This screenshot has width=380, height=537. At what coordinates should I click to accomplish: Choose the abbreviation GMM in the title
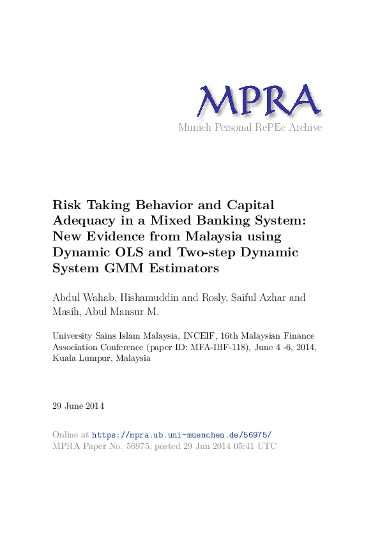point(118,268)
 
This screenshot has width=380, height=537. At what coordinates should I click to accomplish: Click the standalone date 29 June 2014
point(78,406)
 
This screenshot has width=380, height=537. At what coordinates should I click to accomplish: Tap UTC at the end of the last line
point(267,446)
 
